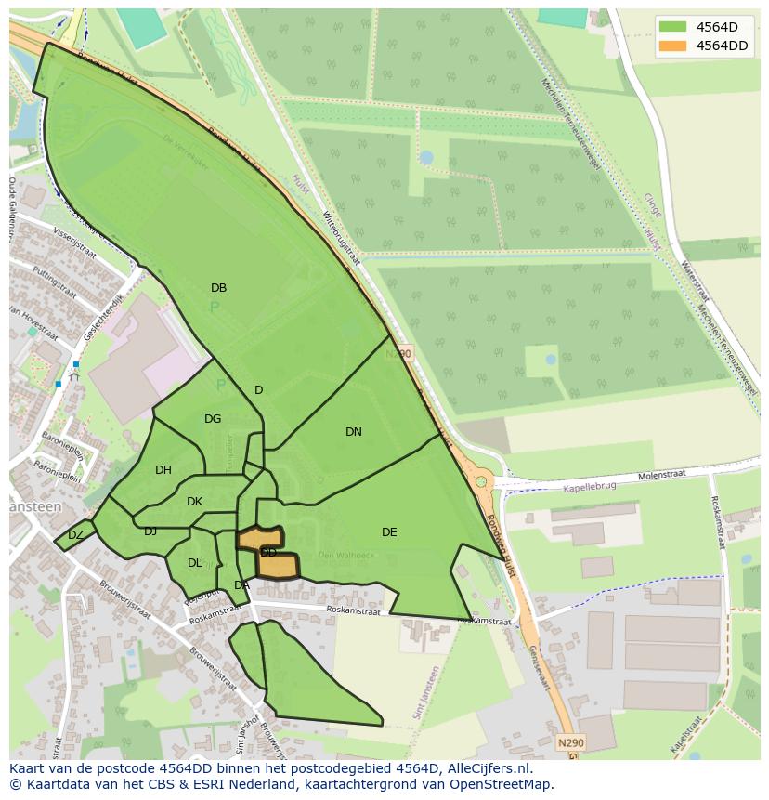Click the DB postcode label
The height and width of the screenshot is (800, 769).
218,288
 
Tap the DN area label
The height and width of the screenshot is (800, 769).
354,432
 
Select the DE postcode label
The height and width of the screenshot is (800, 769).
389,532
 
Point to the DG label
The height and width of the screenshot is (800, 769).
213,419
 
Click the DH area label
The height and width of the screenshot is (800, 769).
163,470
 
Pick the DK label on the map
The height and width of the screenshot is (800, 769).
194,502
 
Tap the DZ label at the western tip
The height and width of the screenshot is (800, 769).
75,535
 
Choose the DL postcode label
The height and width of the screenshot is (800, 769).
195,563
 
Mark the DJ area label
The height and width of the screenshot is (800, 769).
150,531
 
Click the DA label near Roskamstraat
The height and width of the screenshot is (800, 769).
241,585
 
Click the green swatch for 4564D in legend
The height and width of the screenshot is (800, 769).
673,26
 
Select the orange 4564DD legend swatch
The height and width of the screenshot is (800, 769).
673,46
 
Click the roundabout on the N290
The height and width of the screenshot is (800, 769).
480,481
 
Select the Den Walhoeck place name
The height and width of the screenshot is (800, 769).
345,556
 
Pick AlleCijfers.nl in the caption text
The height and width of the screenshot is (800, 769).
484,768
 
